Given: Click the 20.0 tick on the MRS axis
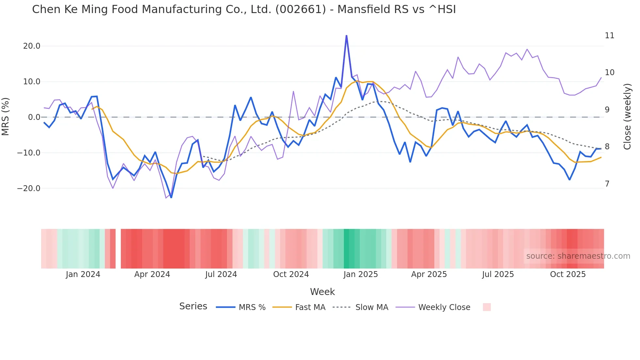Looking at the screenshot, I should point(31,46).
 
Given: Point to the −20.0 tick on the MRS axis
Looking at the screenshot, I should point(29,188).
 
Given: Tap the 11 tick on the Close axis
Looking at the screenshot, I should point(609,36).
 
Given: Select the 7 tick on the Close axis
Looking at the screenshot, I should point(607,184).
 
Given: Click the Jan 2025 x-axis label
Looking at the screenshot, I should point(360,274).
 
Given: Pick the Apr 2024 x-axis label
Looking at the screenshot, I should point(152,274).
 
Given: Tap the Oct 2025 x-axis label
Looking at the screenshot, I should point(568,274).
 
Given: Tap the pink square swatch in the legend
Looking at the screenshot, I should point(487,307).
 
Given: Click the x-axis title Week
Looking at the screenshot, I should point(322,292).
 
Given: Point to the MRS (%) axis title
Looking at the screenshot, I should point(6,117).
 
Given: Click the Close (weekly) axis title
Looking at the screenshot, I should point(627,117).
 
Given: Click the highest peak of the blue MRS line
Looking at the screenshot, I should point(346,36).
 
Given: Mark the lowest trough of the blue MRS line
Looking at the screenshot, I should point(171,197).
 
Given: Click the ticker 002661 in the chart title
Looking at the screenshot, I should point(300,9).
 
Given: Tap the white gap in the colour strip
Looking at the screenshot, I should point(118,249).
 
